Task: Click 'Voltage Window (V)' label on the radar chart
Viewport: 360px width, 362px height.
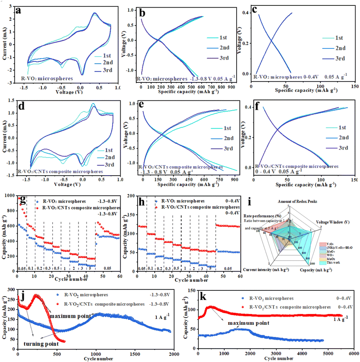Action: click(x=338, y=221)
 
